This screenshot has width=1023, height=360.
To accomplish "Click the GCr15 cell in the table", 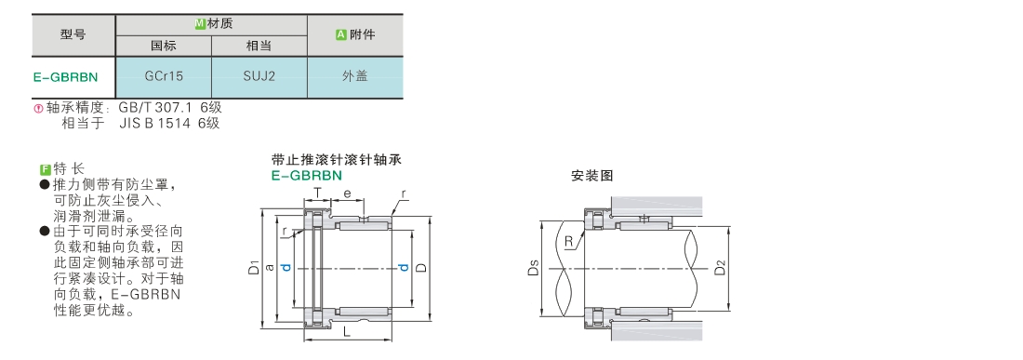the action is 164,76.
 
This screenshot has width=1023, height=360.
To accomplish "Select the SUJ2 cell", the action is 259,76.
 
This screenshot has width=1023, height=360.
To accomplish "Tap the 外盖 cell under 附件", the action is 355,76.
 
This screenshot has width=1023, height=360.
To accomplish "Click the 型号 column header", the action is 73,34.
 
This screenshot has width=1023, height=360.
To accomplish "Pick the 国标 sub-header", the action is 164,46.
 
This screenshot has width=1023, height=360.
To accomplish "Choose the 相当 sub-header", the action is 259,46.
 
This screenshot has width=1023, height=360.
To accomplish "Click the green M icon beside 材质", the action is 200,24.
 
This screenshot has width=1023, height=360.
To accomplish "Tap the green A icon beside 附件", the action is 340,34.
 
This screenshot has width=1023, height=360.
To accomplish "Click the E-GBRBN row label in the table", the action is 65,77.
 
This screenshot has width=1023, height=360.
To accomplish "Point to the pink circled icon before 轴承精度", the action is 38,108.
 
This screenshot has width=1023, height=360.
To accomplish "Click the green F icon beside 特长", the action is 45,169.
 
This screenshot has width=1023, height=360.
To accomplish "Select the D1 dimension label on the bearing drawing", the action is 255,267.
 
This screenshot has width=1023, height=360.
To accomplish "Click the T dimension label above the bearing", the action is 317,193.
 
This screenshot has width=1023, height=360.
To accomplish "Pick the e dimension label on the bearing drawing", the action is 347,193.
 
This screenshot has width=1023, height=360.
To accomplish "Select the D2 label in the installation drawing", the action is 720,267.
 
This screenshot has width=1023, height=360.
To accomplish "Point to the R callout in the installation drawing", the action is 569,242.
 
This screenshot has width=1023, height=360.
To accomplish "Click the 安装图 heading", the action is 591,176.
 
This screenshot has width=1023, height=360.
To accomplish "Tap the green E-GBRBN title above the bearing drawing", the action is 307,176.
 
